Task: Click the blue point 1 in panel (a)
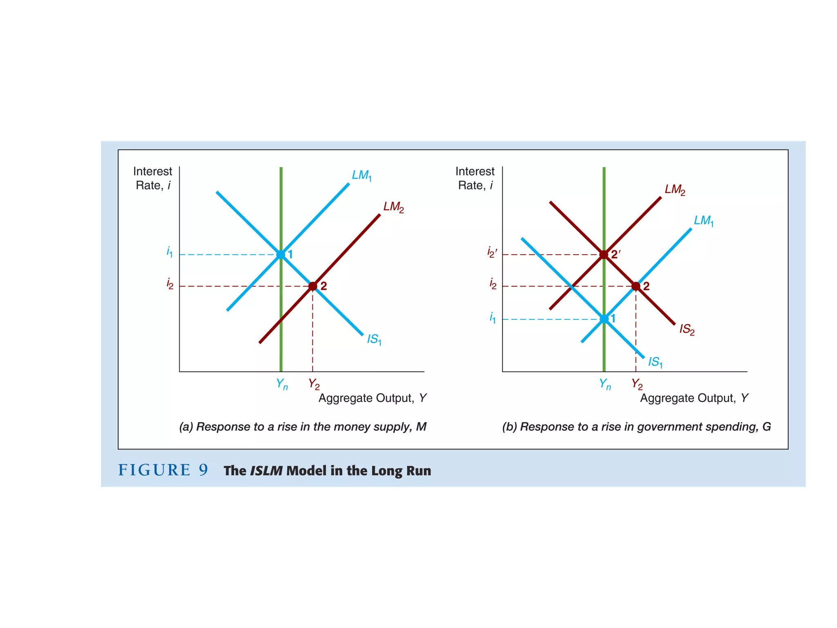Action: [281, 255]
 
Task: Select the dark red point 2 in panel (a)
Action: [313, 286]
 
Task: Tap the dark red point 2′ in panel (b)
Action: [604, 255]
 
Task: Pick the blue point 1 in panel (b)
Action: [604, 319]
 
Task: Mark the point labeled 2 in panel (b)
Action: [636, 286]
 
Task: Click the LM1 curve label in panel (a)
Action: [362, 176]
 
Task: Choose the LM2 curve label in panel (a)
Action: [393, 207]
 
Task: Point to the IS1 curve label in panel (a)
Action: [374, 339]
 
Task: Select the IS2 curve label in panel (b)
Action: [687, 330]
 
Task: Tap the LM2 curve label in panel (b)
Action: [675, 190]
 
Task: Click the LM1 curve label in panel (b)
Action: [704, 221]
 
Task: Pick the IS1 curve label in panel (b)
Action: [655, 362]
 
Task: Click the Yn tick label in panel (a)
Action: [282, 384]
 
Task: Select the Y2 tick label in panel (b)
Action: [637, 384]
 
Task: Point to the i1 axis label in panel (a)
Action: [170, 252]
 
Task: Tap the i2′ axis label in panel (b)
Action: [492, 252]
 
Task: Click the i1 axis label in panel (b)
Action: [492, 317]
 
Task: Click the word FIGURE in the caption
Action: [154, 470]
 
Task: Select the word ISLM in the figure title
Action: [266, 471]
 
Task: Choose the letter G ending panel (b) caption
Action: [766, 427]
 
